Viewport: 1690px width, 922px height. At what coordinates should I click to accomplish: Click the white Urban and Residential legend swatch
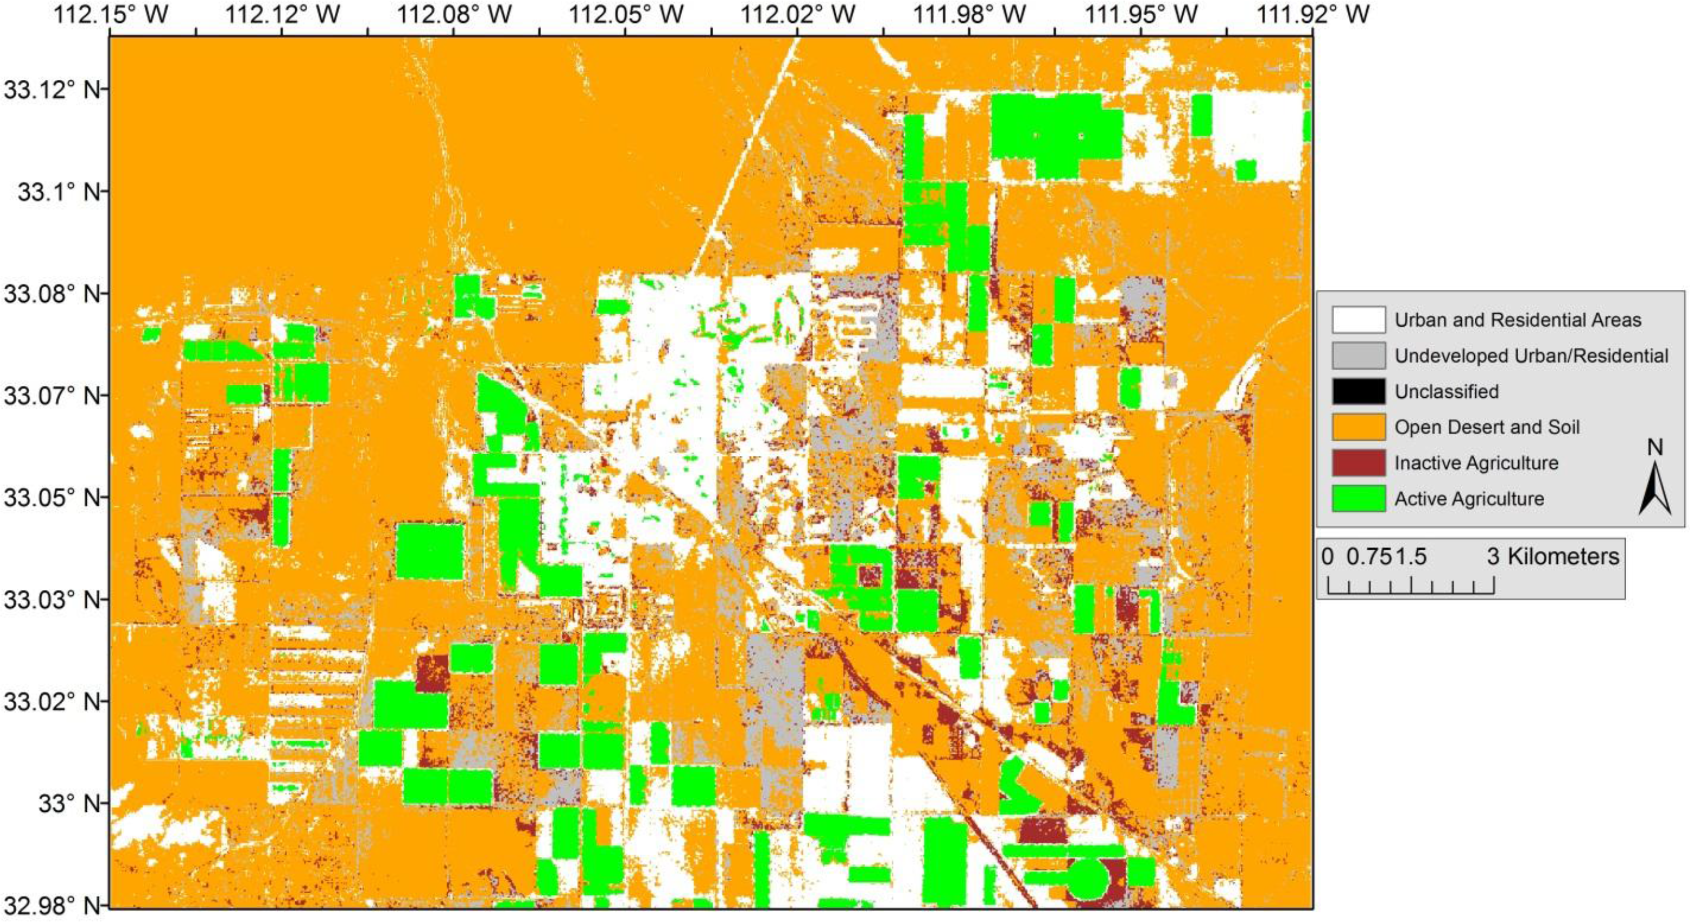[1358, 320]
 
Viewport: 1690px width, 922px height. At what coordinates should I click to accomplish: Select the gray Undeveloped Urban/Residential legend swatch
[1358, 356]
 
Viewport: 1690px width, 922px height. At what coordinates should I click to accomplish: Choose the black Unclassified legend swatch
[1358, 392]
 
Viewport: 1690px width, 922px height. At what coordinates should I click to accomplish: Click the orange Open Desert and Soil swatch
[1358, 427]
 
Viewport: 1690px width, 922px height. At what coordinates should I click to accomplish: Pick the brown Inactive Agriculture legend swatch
[1358, 463]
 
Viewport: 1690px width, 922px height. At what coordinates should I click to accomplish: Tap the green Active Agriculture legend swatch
[1358, 499]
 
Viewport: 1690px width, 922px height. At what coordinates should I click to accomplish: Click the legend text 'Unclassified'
[1446, 392]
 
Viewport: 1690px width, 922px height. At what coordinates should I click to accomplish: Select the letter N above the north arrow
[1654, 447]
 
